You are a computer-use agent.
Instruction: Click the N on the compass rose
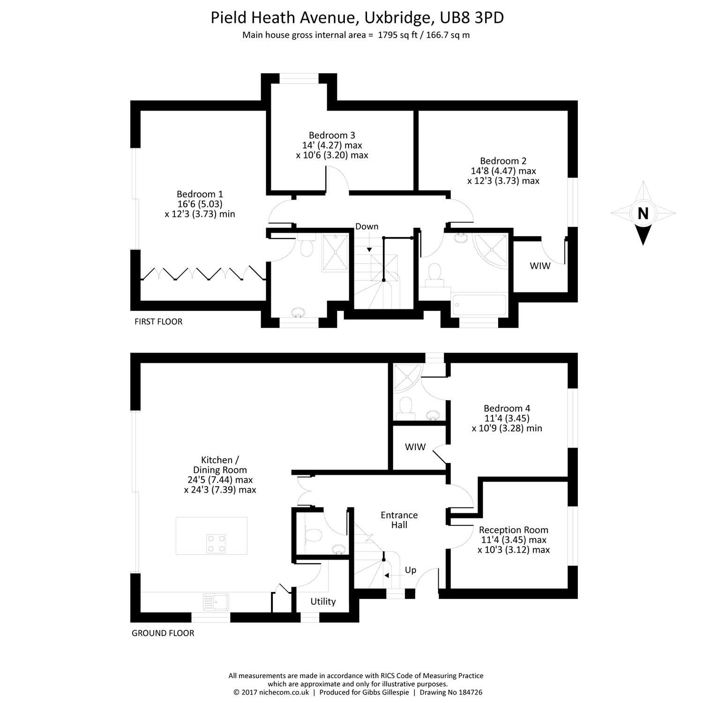point(643,214)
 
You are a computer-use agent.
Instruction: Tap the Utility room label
point(323,601)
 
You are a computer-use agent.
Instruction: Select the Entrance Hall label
point(399,520)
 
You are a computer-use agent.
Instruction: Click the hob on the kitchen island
point(216,542)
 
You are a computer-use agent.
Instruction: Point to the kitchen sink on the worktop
point(216,601)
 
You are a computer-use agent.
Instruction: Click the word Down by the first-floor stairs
point(366,226)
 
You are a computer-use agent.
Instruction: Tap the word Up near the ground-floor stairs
point(410,570)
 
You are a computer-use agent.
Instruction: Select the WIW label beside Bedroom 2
point(540,266)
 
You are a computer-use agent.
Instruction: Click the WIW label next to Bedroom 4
point(415,447)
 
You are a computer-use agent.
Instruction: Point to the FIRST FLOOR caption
point(158,322)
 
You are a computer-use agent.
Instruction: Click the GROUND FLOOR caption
point(163,633)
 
